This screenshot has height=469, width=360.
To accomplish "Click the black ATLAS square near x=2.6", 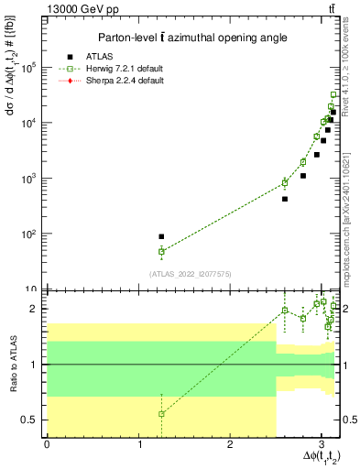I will point(285,199).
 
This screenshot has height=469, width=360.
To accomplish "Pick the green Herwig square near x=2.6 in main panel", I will point(285,183).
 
